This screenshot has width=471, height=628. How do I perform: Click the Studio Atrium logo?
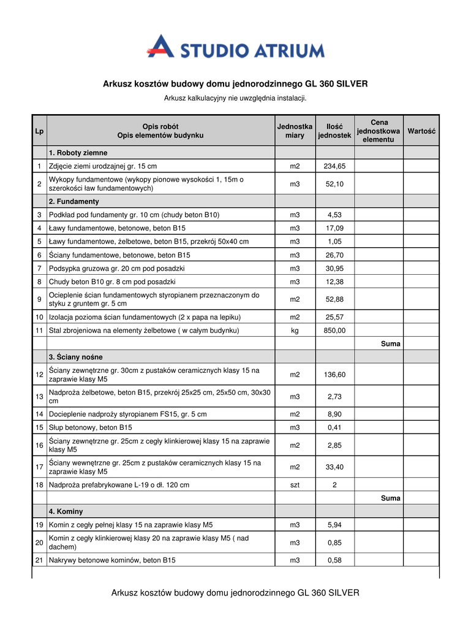click(235, 48)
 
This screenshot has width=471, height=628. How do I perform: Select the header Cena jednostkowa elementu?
click(379, 131)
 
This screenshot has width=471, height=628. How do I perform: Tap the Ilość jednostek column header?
click(334, 131)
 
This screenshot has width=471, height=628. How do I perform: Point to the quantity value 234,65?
click(334, 166)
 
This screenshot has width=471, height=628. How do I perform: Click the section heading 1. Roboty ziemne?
click(78, 153)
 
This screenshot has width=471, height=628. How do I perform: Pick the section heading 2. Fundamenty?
click(74, 201)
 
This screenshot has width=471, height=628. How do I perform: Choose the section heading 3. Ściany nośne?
click(76, 357)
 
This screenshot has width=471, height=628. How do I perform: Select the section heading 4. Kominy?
click(66, 511)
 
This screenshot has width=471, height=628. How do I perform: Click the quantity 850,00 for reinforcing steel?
click(334, 331)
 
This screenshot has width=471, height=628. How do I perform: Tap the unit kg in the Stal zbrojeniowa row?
click(295, 331)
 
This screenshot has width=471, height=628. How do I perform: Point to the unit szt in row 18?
click(295, 485)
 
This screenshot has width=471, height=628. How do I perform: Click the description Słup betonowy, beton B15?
click(91, 427)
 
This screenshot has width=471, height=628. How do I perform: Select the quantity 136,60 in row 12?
click(334, 375)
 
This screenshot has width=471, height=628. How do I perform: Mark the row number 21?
click(39, 561)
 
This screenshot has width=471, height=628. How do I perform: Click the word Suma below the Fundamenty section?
click(390, 344)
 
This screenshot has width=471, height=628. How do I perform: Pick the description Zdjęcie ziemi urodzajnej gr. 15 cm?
click(103, 166)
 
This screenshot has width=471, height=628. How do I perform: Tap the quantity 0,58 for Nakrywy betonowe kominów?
click(334, 561)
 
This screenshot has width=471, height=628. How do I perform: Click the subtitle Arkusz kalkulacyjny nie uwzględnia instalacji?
click(235, 98)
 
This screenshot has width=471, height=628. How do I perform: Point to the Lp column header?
click(39, 131)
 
